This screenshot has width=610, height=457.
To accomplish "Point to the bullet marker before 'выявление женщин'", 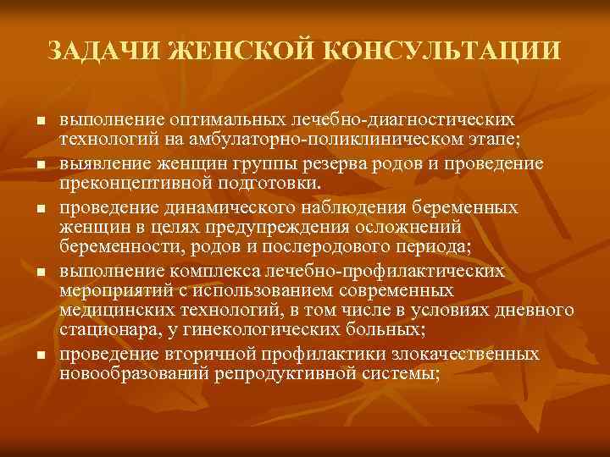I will [x=39, y=162].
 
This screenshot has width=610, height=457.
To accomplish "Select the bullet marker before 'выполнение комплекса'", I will [x=39, y=272].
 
